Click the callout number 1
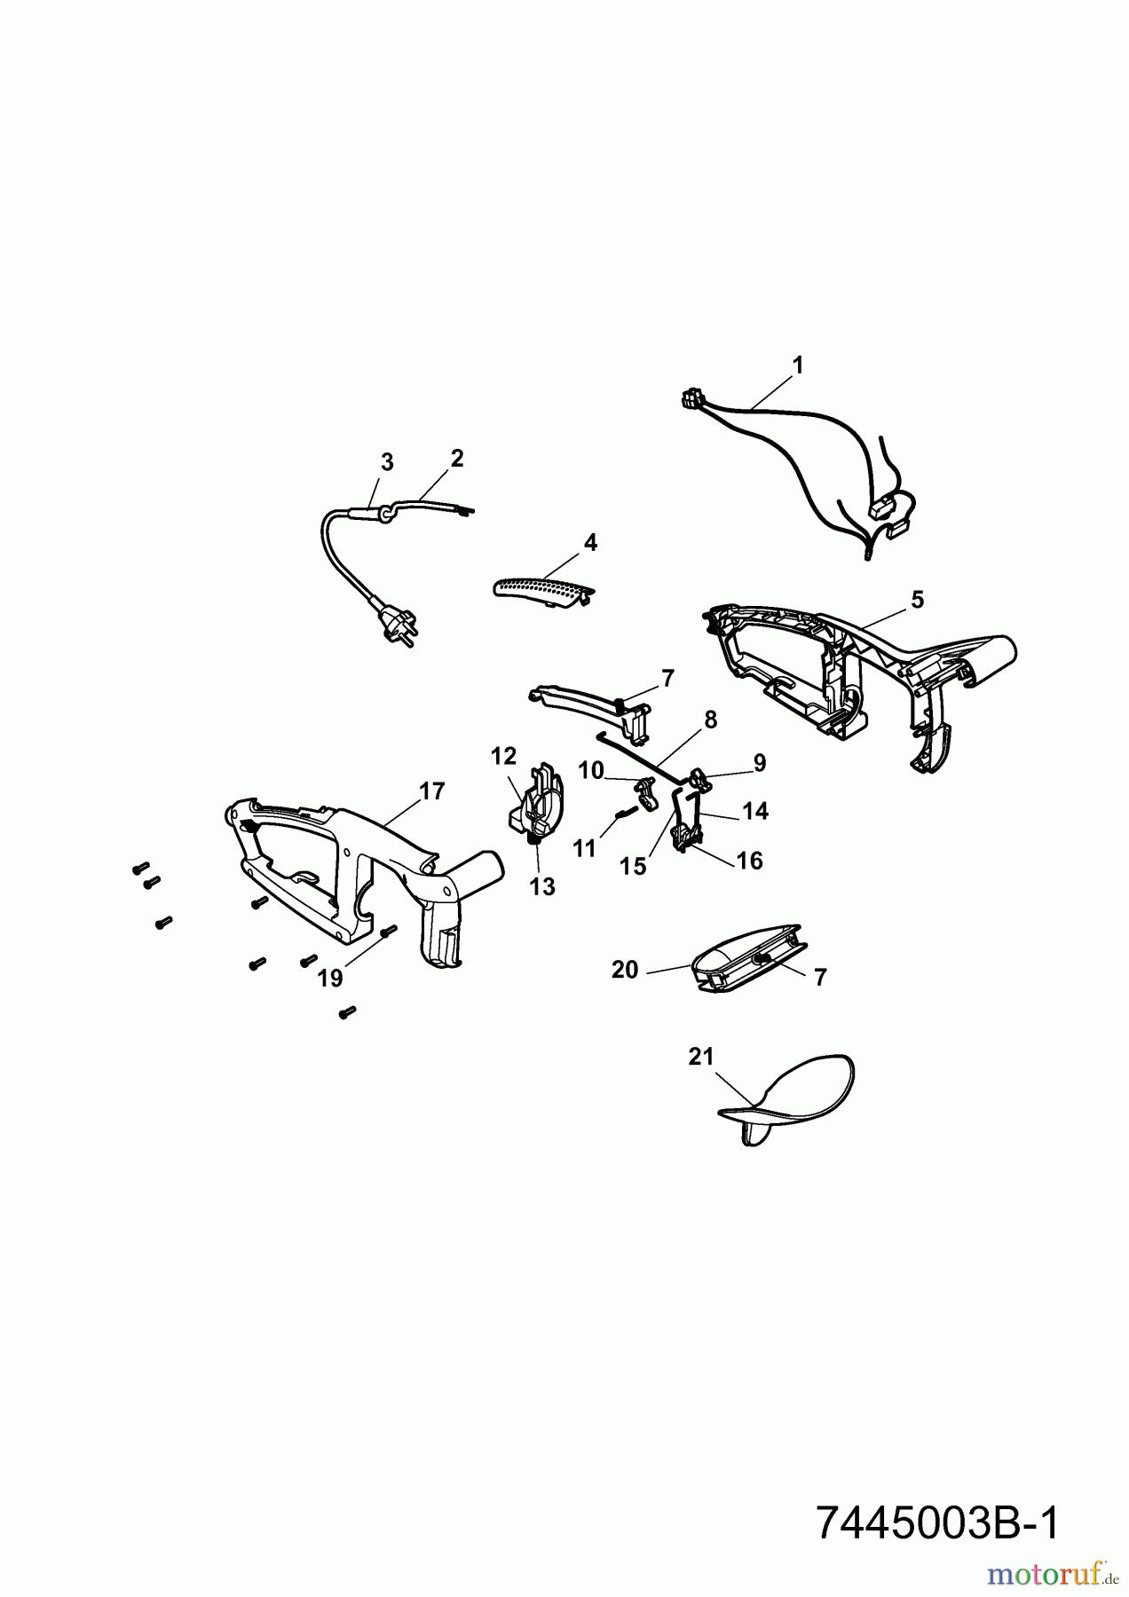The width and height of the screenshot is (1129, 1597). coord(797,365)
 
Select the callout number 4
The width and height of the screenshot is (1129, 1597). coord(590,542)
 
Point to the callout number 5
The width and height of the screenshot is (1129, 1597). coord(917,600)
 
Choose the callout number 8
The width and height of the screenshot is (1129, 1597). coord(710,720)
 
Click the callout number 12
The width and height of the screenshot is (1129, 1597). coord(503,756)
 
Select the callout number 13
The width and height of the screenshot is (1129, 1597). coord(542,885)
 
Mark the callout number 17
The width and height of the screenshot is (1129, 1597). coord(432,791)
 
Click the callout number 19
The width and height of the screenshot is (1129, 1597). coord(330,978)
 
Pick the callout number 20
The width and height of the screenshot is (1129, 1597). coord(625,971)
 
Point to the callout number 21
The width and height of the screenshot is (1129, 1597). coord(701,1057)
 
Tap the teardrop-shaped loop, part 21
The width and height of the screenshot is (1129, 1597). coord(786,1101)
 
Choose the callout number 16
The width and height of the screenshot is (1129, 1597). coord(750,861)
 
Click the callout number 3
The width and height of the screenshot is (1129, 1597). coord(386,462)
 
